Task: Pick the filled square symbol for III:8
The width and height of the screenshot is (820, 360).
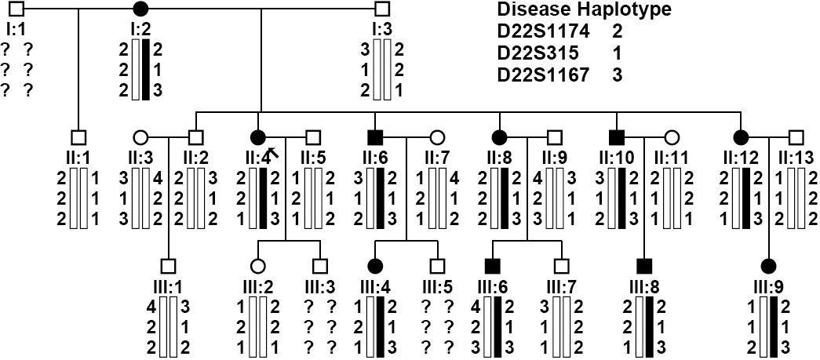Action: pyautogui.click(x=644, y=265)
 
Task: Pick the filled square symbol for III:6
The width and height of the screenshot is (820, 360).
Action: pyautogui.click(x=494, y=265)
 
